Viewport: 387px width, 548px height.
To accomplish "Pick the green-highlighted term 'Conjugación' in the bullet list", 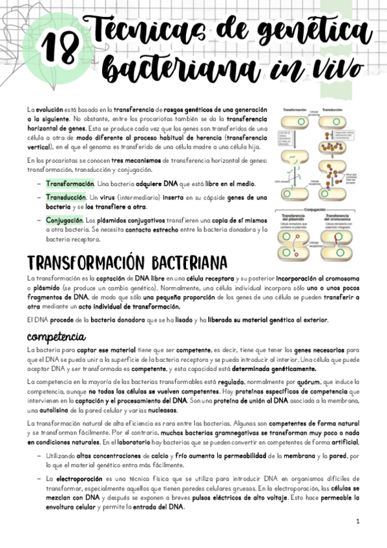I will pyautogui.click(x=67, y=220).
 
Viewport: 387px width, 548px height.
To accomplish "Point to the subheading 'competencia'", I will pyautogui.click(x=56, y=337).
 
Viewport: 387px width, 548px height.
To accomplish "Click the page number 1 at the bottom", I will pyautogui.click(x=357, y=521).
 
